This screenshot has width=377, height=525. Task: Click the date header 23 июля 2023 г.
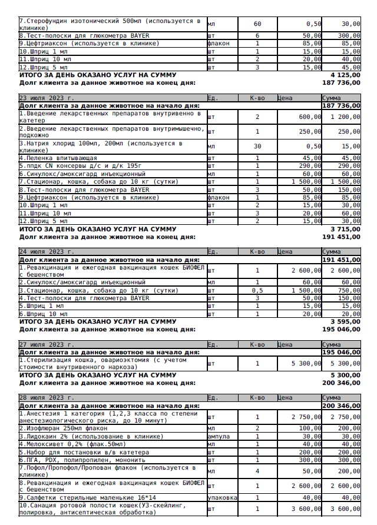click(47, 98)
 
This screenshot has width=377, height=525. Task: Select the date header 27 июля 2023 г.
click(47, 344)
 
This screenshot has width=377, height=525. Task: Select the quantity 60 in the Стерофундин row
click(257, 24)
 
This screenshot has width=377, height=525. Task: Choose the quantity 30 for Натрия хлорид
click(257, 147)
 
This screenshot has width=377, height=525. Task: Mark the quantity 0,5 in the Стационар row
click(257, 290)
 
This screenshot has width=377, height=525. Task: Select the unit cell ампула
click(219, 436)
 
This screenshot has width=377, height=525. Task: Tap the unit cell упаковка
click(223, 497)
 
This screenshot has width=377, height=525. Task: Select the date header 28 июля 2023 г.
click(47, 398)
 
